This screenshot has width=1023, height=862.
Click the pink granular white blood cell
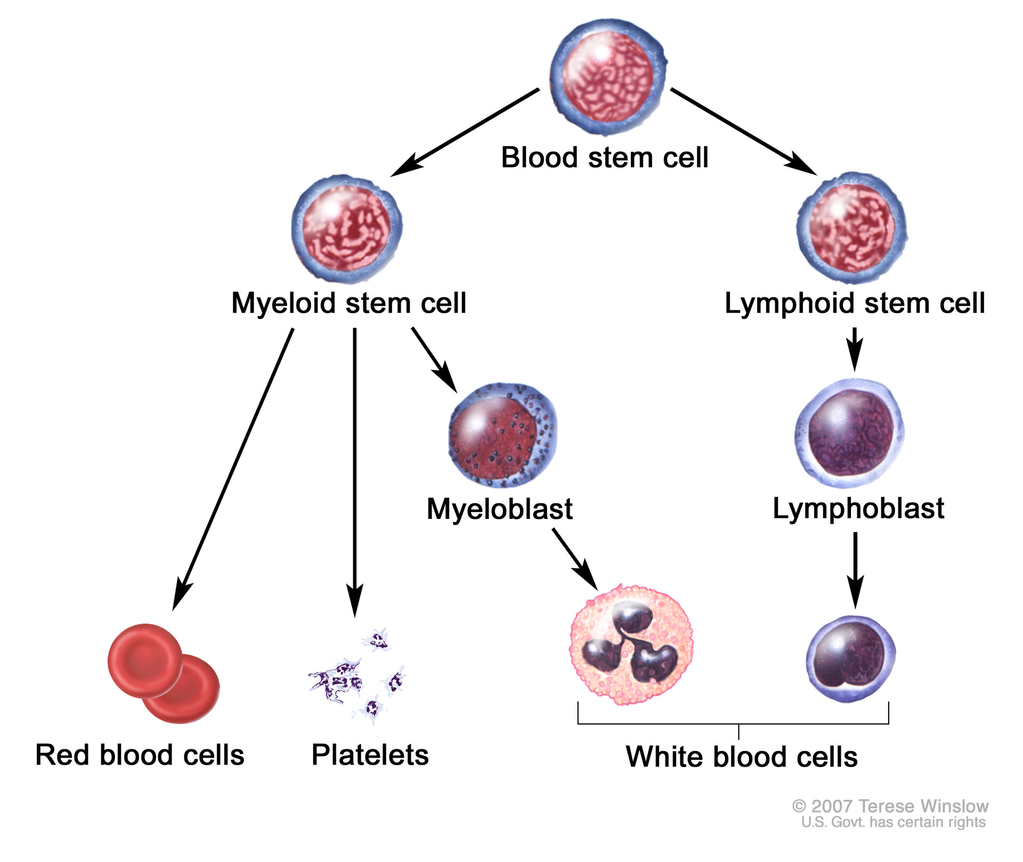(x=631, y=645)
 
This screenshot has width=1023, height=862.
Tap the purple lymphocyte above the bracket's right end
(x=851, y=660)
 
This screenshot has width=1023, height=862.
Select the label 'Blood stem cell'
(x=605, y=158)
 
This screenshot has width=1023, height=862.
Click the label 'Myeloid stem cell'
(x=349, y=303)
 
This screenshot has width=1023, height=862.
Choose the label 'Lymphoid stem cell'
(x=855, y=303)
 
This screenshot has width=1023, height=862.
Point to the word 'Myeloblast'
(x=499, y=509)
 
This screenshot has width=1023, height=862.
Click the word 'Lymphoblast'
(x=858, y=508)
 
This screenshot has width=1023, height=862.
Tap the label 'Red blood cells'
(x=140, y=755)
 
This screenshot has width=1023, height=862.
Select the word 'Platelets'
(x=370, y=755)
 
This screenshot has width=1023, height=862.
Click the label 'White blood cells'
(x=742, y=757)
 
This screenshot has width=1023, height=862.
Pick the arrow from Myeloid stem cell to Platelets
(x=355, y=469)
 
